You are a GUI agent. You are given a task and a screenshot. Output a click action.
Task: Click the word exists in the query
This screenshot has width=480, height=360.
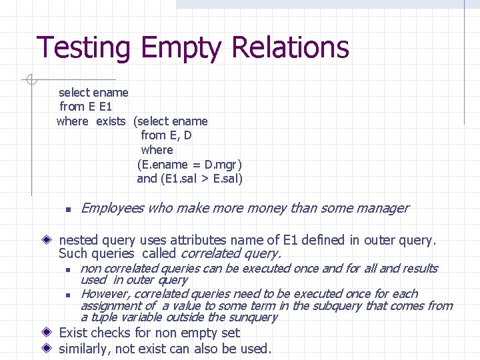(111, 121)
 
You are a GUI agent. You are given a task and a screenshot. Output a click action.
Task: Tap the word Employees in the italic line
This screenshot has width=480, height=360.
(111, 208)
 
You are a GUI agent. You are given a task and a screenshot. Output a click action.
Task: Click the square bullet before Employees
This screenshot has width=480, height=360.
(68, 209)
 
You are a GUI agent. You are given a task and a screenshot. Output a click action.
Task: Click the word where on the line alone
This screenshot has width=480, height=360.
(157, 150)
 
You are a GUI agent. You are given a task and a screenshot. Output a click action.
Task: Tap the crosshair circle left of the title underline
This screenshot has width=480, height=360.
(29, 80)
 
